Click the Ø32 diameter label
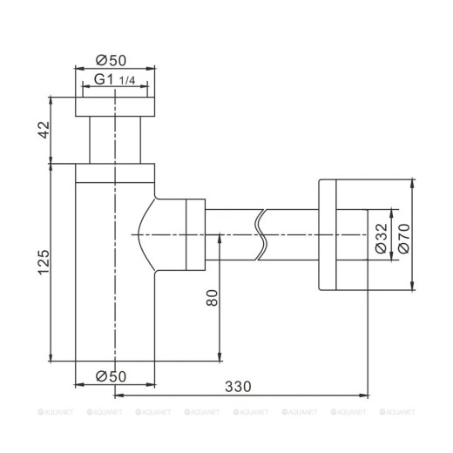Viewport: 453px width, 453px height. (381, 235)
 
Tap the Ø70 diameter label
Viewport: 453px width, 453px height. (402, 235)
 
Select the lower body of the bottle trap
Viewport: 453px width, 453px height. (115, 314)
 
